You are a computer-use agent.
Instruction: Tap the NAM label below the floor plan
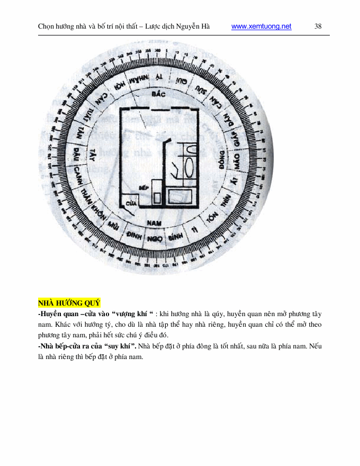pos(154,223)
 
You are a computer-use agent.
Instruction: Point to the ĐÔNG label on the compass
pos(221,159)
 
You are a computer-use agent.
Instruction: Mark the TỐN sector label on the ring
pos(211,219)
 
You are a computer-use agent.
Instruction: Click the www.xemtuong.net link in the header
pos(262,26)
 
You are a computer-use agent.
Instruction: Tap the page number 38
pos(318,26)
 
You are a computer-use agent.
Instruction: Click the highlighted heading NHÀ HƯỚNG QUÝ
pos(69,303)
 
